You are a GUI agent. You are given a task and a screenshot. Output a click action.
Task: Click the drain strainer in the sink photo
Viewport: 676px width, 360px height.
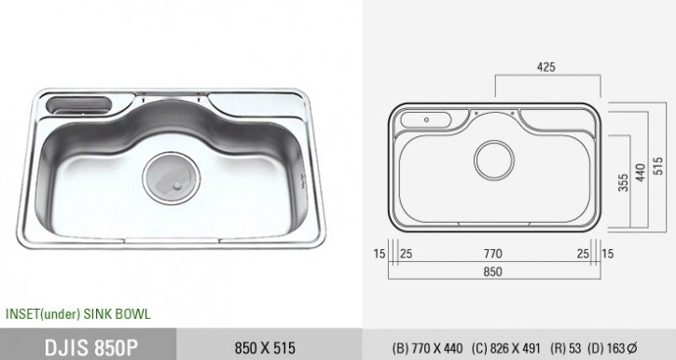coord(172,177)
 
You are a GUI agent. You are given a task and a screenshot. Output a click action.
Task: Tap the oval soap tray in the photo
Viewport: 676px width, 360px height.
coord(78,105)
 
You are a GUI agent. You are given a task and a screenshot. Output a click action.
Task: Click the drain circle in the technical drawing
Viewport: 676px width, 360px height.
coord(494,160)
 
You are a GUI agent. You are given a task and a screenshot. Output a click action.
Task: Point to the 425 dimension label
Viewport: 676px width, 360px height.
coord(546,67)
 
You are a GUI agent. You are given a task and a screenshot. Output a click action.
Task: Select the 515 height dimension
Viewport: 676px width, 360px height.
coord(657,166)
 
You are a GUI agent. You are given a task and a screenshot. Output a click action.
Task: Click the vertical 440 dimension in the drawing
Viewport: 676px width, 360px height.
coord(641,173)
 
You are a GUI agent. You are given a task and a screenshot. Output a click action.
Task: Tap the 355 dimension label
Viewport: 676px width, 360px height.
coord(623,183)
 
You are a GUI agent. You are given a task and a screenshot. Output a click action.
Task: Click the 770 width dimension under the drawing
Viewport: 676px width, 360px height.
coord(492,254)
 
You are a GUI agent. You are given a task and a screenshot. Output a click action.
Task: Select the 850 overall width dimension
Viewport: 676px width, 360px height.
coord(492,271)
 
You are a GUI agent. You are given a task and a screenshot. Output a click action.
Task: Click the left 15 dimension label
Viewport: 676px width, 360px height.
coord(379,254)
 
